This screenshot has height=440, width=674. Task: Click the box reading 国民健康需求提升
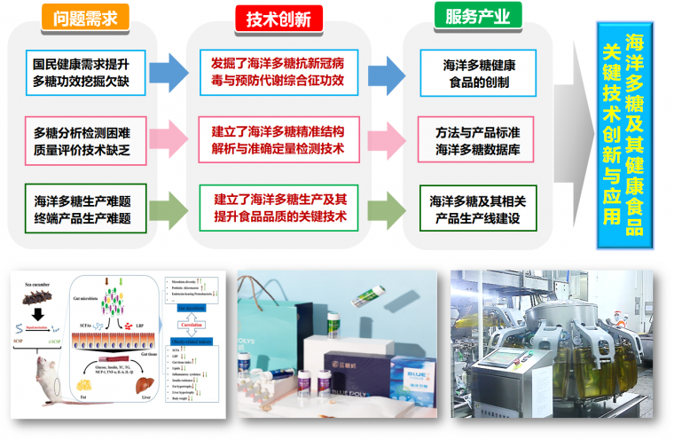click(82, 74)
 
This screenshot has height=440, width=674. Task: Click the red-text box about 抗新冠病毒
click(278, 74)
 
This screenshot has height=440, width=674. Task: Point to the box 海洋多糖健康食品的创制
click(479, 74)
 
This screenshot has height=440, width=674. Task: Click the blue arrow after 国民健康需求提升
click(167, 74)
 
